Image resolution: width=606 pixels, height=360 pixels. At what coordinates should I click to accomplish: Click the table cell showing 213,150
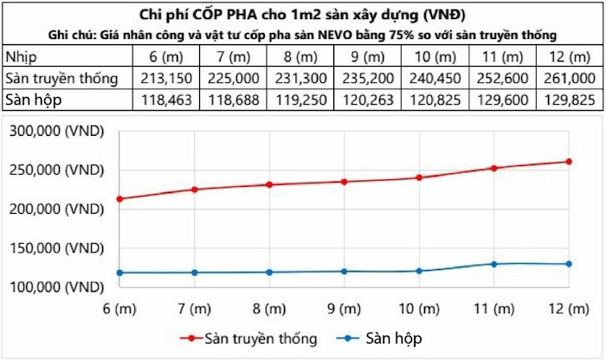point(164,79)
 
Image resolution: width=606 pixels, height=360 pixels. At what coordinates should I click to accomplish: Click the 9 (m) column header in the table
point(367,57)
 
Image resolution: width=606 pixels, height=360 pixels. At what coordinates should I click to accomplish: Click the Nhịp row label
point(21,57)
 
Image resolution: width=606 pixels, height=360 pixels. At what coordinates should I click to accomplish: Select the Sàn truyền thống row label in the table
point(61,79)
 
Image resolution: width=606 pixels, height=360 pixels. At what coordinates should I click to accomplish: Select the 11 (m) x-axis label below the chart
point(494,308)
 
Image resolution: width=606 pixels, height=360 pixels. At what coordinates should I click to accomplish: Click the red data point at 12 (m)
point(570,161)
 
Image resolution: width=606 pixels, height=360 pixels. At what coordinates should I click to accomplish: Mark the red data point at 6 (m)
point(119,198)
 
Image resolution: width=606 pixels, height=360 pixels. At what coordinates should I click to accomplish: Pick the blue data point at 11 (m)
point(494,264)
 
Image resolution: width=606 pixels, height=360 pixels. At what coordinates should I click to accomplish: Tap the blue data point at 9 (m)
point(345,271)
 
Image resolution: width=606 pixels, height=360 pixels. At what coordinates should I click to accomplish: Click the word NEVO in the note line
point(384,35)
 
